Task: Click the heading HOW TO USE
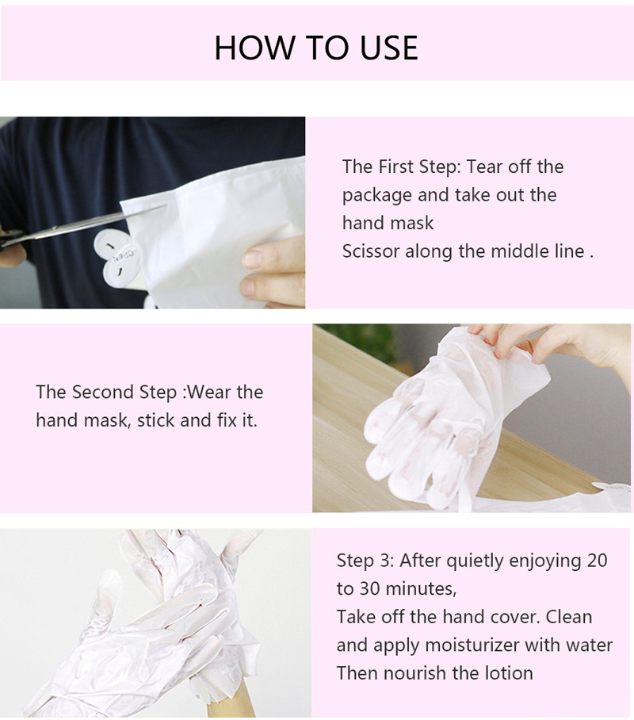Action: coord(316,48)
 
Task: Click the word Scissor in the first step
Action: coord(371,251)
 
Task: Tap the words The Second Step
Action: coord(108,392)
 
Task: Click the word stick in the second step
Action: coord(156,420)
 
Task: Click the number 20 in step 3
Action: coord(596,561)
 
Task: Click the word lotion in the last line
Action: coord(505,673)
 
